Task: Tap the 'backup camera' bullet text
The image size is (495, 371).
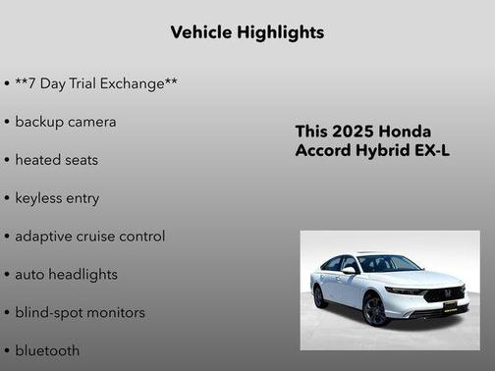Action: tap(66, 122)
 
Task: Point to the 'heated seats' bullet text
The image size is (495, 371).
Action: tap(57, 160)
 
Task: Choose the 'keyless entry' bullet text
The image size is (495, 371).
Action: tap(57, 198)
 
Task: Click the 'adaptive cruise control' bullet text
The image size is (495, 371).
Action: tap(90, 237)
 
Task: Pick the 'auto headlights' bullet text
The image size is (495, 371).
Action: tap(67, 275)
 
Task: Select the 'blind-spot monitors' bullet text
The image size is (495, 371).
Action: tap(81, 313)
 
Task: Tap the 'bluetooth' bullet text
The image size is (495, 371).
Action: tap(47, 350)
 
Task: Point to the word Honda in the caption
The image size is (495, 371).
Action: tap(405, 132)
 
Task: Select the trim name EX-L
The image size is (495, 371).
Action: tap(431, 152)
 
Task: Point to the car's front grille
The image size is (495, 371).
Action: tap(443, 293)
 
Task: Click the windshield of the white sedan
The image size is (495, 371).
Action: tap(388, 263)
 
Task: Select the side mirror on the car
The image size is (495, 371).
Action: tap(349, 269)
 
